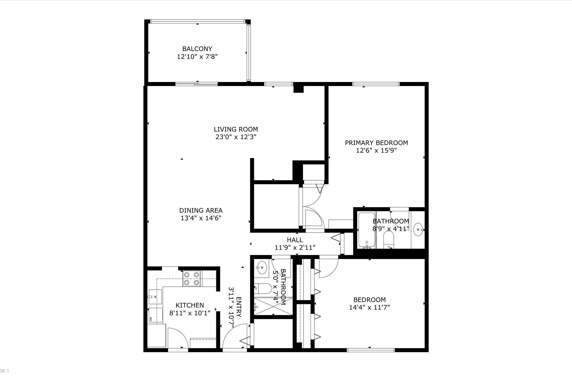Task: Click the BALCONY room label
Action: pos(197,49)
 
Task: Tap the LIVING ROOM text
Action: pos(236,129)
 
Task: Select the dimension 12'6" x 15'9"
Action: pos(376,150)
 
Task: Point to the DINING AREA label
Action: pos(201,210)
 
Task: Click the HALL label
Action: pos(295,240)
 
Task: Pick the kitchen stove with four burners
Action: pos(192,279)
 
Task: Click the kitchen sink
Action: pos(155,297)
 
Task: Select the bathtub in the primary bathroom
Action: pos(366,230)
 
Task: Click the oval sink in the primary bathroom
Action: pos(418,229)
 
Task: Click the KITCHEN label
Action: pos(190,305)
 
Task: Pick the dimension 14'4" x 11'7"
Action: pos(369,307)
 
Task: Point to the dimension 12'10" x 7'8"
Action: pos(197,57)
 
